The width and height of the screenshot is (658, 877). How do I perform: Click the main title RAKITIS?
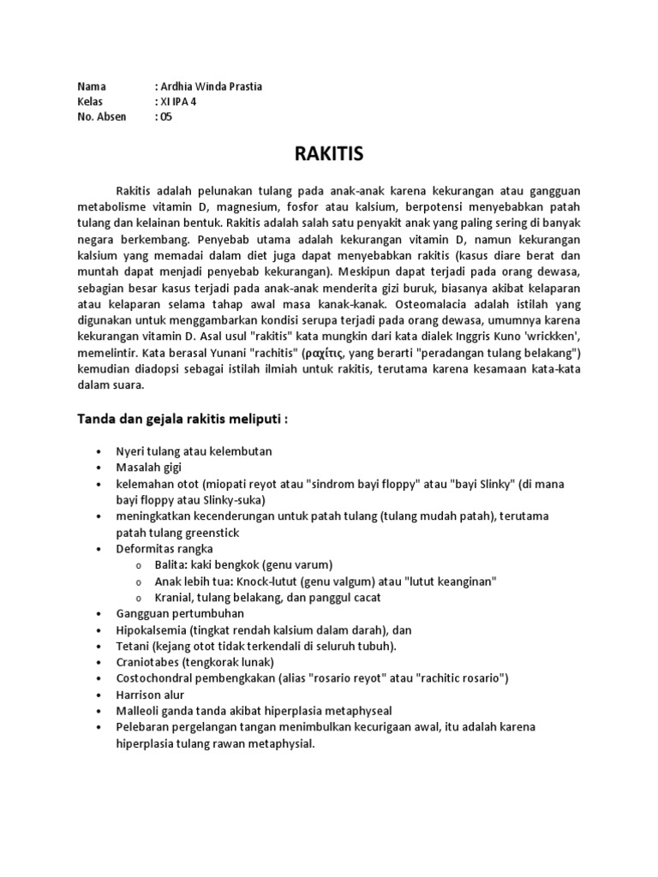point(328,154)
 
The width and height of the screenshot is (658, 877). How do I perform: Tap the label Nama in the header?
point(92,87)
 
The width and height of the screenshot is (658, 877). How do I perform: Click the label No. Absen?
point(101,117)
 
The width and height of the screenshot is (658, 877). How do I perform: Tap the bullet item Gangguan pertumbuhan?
point(180,613)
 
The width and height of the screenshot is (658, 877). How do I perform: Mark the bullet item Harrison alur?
point(150,695)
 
